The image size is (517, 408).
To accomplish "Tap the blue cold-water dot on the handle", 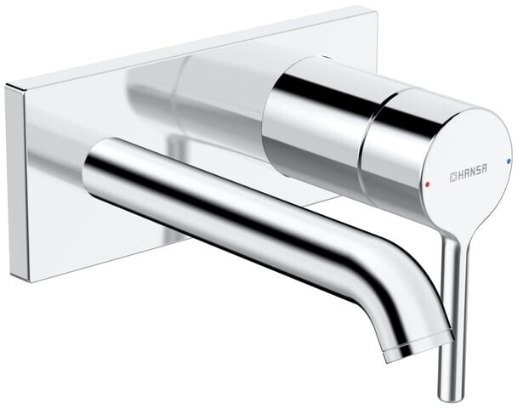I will (x=508, y=159).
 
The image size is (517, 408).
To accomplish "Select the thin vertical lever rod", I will (x=451, y=314).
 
